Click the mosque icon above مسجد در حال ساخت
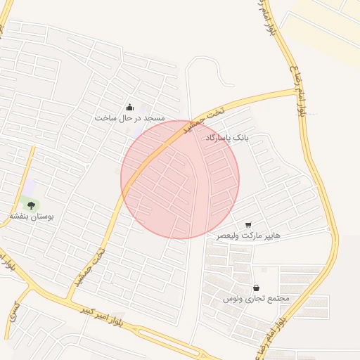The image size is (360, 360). click(129, 108)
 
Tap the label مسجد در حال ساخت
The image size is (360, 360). click(129, 118)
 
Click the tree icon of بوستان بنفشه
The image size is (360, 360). click(30, 205)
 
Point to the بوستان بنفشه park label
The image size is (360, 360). click(31, 217)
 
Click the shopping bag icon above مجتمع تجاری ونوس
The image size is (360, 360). click(256, 288)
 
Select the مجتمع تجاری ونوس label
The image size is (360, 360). click(257, 298)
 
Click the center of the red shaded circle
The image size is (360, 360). click(180, 179)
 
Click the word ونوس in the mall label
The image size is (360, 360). click(233, 298)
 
